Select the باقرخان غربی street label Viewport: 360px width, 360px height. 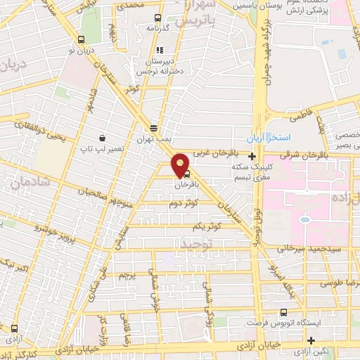(x=212, y=152)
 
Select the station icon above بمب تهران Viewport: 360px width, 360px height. (x=154, y=127)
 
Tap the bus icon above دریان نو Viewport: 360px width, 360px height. (x=84, y=39)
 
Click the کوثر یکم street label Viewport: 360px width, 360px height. (x=207, y=227)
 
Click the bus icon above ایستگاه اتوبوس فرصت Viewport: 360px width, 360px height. (x=283, y=312)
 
